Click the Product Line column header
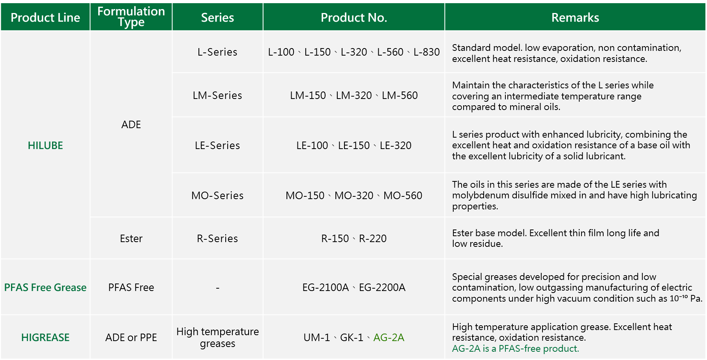pyautogui.click(x=45, y=17)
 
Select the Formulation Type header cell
pyautogui.click(x=131, y=17)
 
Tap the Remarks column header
pyautogui.click(x=575, y=17)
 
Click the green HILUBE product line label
pyautogui.click(x=45, y=145)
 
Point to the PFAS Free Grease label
pyautogui.click(x=45, y=287)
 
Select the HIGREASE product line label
pyautogui.click(x=45, y=338)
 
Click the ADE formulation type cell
pyautogui.click(x=131, y=125)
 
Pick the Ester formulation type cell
pyautogui.click(x=131, y=239)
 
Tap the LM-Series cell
pyautogui.click(x=217, y=95)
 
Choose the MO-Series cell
pyautogui.click(x=217, y=196)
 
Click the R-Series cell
pyautogui.click(x=217, y=239)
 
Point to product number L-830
pyautogui.click(x=426, y=52)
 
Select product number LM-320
pyautogui.click(x=354, y=95)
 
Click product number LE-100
pyautogui.click(x=312, y=145)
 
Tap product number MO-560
pyautogui.click(x=403, y=196)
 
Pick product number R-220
pyautogui.click(x=373, y=239)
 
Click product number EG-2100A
pyautogui.click(x=325, y=287)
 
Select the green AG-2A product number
pyautogui.click(x=389, y=338)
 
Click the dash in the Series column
pyautogui.click(x=217, y=288)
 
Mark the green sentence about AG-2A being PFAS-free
pyautogui.click(x=515, y=349)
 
